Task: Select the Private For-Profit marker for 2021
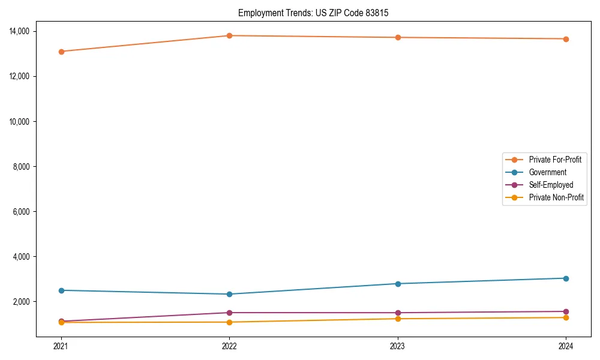pos(61,52)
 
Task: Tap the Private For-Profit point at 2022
pos(229,36)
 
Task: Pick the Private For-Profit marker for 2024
pos(566,39)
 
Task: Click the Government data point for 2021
pos(61,290)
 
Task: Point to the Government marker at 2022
pos(229,294)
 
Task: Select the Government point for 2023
pos(397,284)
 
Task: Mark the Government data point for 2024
pos(566,278)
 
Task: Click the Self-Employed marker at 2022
pos(229,313)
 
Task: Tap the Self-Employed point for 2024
pos(566,311)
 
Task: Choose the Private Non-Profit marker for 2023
pos(397,319)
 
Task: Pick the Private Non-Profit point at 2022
pos(229,322)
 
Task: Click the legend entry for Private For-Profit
pos(555,160)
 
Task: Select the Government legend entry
pos(547,172)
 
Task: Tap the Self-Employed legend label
pos(551,185)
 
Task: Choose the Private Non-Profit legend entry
pos(556,197)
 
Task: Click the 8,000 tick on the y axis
pos(26,166)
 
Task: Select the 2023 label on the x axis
pos(397,346)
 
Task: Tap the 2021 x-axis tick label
pos(61,346)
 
